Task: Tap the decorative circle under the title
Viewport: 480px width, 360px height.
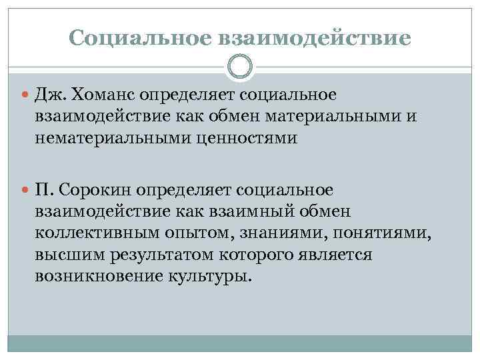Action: [240, 67]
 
